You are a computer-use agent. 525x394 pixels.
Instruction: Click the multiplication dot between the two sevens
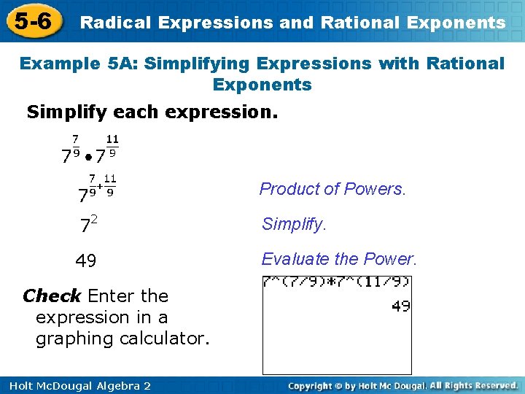pyautogui.click(x=87, y=156)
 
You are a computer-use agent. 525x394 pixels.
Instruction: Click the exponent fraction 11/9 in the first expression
pyautogui.click(x=112, y=145)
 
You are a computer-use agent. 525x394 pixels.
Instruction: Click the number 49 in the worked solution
pyautogui.click(x=86, y=260)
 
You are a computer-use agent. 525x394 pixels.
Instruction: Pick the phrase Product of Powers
pyautogui.click(x=332, y=189)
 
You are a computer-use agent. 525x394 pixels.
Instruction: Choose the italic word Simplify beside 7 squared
pyautogui.click(x=294, y=224)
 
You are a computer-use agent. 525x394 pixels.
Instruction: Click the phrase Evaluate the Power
pyautogui.click(x=339, y=259)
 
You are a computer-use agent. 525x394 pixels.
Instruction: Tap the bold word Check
pyautogui.click(x=52, y=295)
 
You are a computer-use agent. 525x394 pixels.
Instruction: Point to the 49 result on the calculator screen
pyautogui.click(x=400, y=306)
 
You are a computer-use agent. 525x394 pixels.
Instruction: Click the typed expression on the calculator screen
pyautogui.click(x=337, y=281)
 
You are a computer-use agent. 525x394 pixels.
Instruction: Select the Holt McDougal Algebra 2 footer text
pyautogui.click(x=76, y=385)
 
